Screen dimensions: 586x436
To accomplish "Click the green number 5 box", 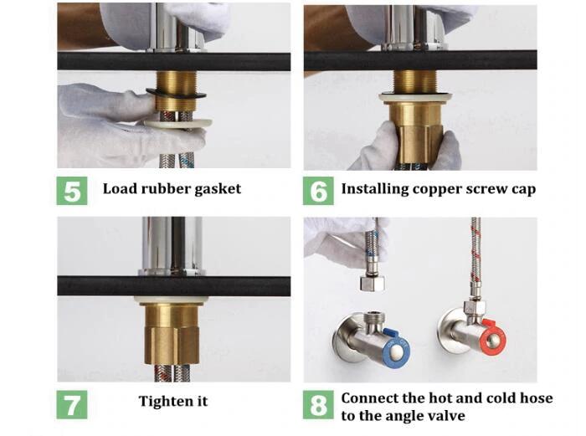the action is (72, 191).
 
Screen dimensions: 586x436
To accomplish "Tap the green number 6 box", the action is (318, 191).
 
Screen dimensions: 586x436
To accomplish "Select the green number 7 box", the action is (72, 404).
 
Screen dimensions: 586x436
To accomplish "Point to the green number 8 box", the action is (318, 404).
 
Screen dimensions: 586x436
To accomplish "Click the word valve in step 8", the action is (446, 415).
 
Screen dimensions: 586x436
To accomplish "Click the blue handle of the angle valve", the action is (398, 347).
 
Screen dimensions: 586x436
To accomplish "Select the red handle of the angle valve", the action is (494, 337).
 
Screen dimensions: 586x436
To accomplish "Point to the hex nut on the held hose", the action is (373, 284).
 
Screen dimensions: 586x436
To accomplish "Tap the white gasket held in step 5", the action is (177, 123).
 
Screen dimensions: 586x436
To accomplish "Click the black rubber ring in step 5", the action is (176, 95).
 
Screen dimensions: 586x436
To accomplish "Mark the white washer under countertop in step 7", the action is (172, 300).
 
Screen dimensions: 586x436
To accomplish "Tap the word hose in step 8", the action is (535, 398).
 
